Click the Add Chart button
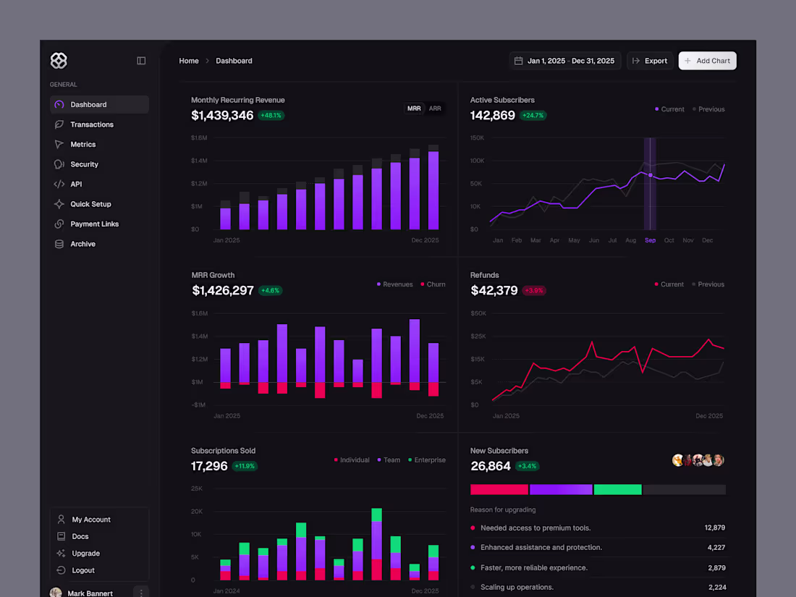707,61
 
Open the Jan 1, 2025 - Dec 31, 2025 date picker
564,61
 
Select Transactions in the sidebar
91,124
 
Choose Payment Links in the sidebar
94,224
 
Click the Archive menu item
82,244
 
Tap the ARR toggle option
435,109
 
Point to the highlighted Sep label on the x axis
650,240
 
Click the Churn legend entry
436,284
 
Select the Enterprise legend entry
429,460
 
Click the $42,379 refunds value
494,290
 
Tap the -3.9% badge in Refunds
534,291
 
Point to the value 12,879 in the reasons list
714,528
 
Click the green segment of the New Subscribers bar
617,490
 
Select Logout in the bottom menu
83,570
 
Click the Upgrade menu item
85,554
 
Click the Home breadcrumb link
189,61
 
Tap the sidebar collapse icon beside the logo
141,61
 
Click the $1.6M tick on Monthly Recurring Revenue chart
199,137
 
